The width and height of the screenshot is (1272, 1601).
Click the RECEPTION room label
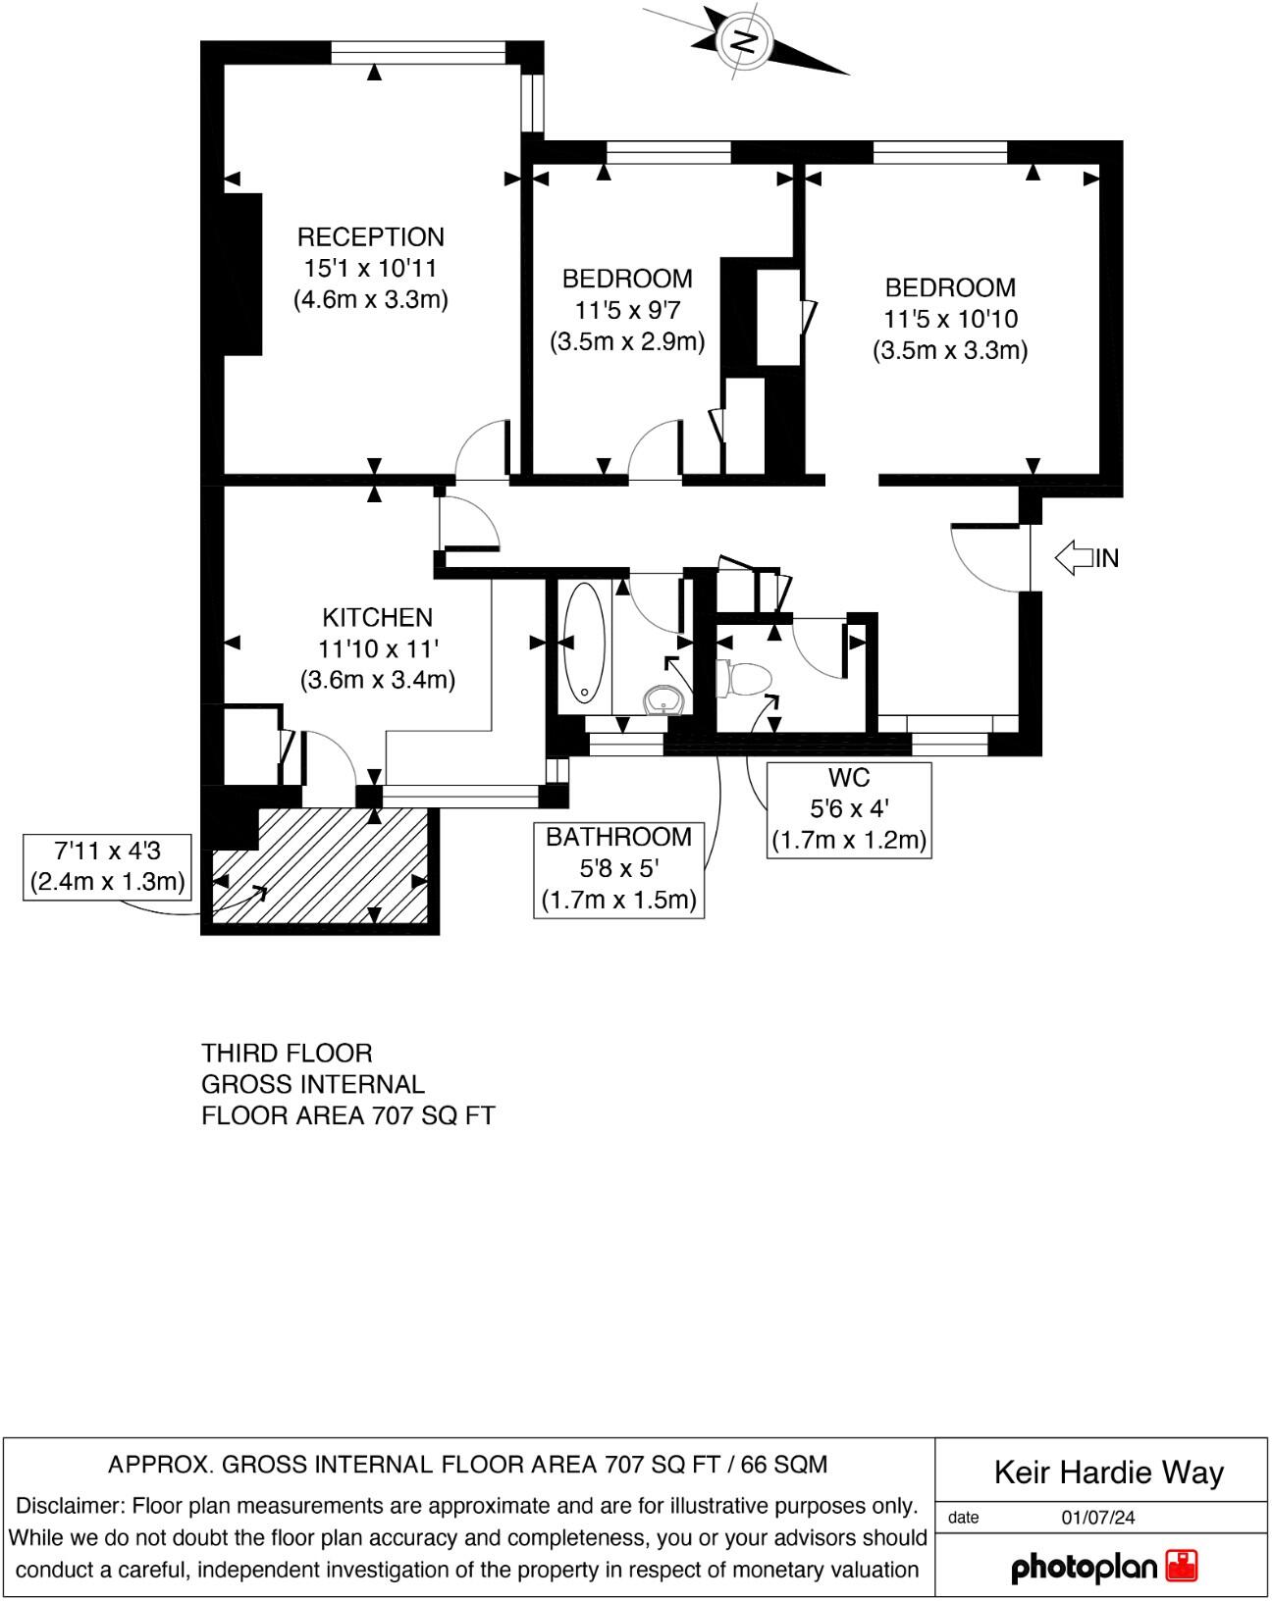pos(370,236)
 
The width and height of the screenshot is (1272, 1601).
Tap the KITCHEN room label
pos(377,617)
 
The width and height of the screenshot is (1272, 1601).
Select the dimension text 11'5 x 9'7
pos(626,310)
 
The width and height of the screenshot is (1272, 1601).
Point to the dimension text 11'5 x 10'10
pos(950,319)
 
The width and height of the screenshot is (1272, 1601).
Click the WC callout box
pos(848,809)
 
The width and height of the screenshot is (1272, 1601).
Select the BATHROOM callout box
pos(618,868)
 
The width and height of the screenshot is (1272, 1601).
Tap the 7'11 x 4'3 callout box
pos(107,865)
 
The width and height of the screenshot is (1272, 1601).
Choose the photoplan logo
pos(1103,1567)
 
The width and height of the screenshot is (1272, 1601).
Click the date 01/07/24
pos(1097,1518)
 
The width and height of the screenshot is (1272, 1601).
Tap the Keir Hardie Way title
pos(1108,1472)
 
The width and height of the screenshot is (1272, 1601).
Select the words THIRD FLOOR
pos(287,1054)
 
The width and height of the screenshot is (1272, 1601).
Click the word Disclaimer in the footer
pos(69,1506)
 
